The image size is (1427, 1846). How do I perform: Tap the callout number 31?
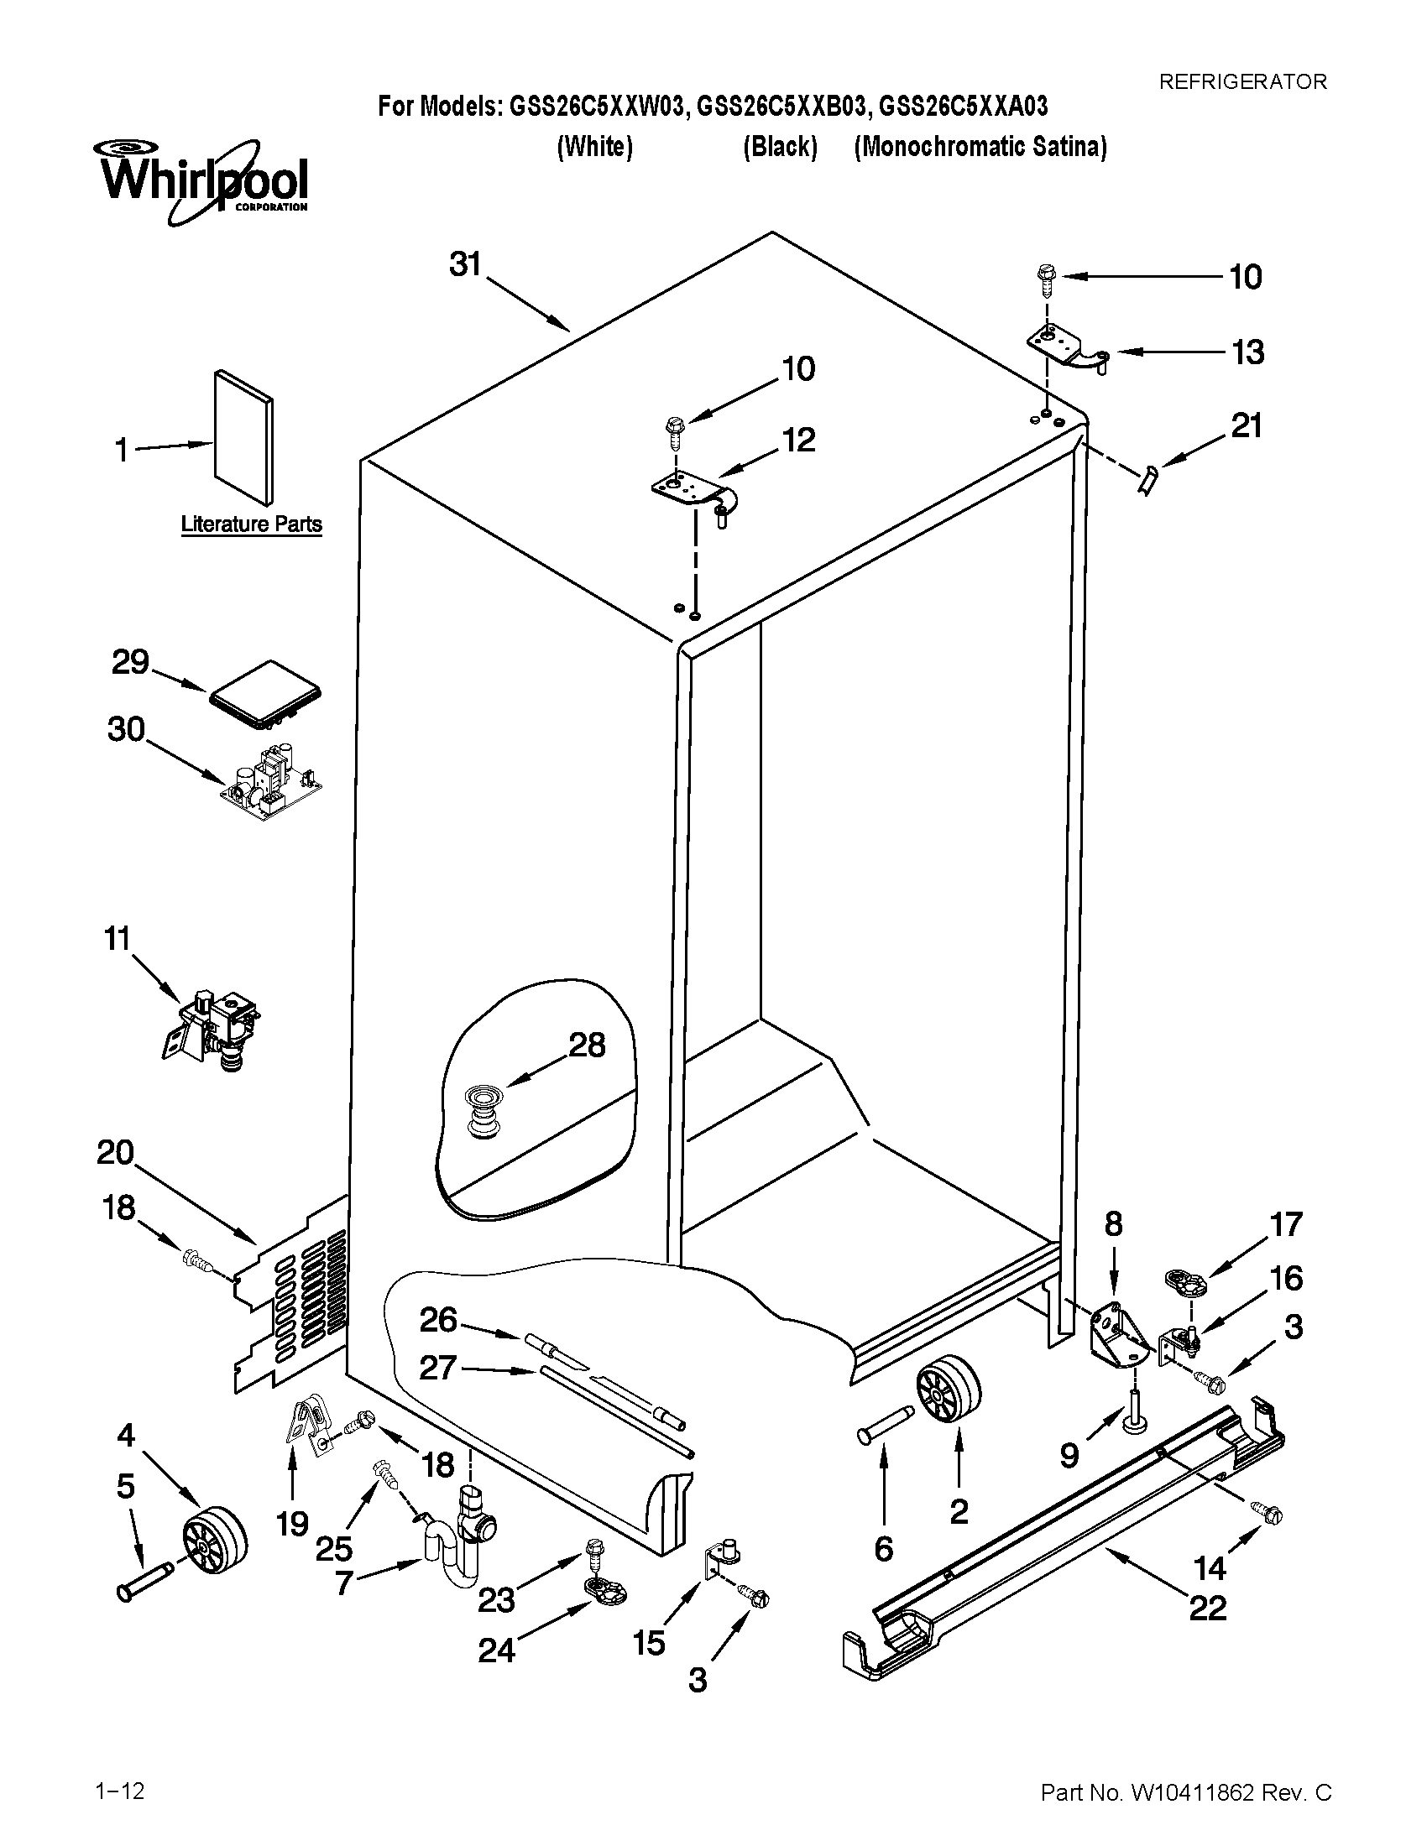465,264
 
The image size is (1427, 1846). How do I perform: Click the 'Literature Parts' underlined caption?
251,524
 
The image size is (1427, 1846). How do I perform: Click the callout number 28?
587,1046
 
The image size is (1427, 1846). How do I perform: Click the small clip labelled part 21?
1147,479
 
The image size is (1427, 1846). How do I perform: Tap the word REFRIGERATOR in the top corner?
1241,82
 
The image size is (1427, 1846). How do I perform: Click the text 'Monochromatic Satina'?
980,147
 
